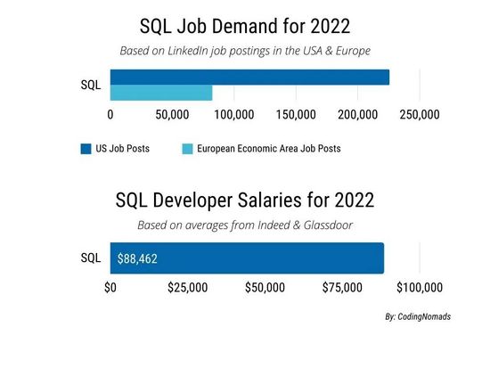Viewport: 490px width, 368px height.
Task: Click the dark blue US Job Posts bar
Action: [249, 77]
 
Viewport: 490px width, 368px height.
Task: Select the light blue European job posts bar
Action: [161, 93]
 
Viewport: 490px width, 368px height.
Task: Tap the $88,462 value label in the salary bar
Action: [137, 258]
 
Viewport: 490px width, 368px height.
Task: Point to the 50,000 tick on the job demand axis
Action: [172, 115]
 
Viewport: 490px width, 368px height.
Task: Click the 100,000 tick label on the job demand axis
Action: [234, 115]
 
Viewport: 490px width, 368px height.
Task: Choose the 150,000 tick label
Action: [296, 115]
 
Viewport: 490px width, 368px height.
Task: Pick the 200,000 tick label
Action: [358, 115]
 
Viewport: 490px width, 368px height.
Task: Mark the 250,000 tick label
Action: [420, 115]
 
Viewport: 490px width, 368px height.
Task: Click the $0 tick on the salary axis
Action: [110, 288]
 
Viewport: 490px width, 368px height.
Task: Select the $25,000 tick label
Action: [187, 288]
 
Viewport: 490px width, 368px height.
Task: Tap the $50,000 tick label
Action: [265, 288]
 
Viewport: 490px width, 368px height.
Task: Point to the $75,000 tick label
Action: [342, 288]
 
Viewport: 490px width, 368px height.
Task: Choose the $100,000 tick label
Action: [420, 288]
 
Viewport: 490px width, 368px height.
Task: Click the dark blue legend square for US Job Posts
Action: [86, 149]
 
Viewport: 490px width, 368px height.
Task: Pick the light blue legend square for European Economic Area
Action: [187, 149]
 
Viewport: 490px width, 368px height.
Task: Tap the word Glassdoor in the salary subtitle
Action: [328, 225]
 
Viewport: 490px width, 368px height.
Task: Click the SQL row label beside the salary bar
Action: [91, 258]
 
